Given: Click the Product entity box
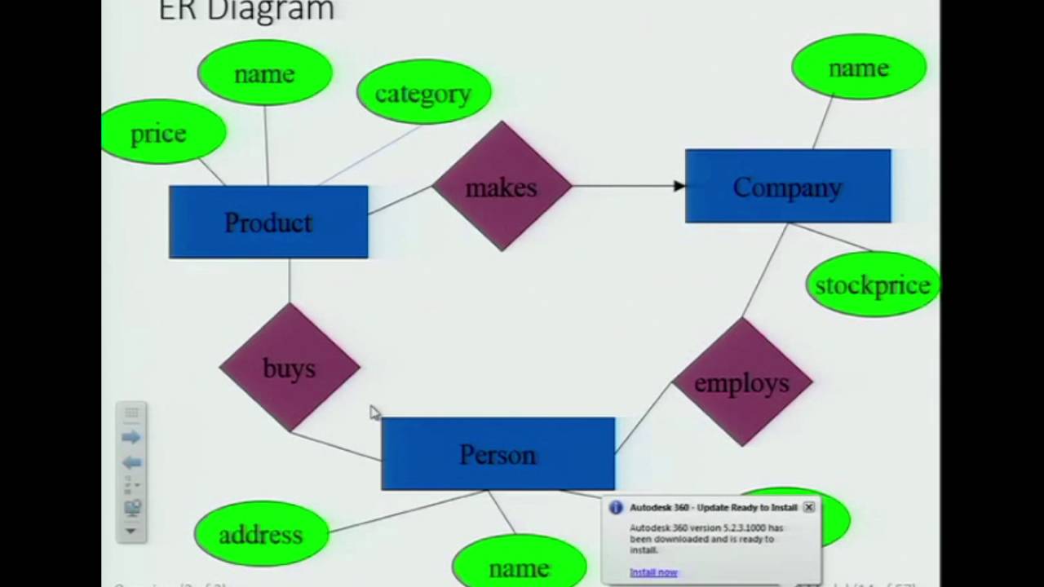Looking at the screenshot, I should [x=268, y=222].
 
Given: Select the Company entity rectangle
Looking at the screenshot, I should [x=788, y=187].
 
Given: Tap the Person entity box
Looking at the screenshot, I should [x=498, y=454].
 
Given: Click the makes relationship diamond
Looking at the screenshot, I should [x=502, y=187].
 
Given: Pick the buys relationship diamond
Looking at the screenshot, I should [x=290, y=368].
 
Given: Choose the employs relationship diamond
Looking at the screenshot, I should [x=741, y=382].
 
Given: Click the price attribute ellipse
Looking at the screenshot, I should [x=160, y=133].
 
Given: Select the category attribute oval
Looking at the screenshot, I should [x=423, y=93].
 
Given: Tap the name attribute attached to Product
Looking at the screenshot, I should [x=264, y=73].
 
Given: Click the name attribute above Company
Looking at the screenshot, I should [x=858, y=68].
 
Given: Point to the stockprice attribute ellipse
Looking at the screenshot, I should [x=873, y=285].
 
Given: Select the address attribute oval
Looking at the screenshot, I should [x=261, y=535].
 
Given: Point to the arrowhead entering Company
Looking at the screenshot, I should [x=679, y=186].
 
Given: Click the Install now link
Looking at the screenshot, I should [x=653, y=572].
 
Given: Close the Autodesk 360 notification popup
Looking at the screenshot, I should [x=808, y=507].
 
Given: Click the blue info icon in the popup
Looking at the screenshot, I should [x=616, y=507].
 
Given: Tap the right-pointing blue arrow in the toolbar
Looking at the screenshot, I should [x=130, y=438].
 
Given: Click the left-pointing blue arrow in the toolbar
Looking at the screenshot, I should [x=130, y=462].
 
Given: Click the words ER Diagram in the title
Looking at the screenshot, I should [x=246, y=11].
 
